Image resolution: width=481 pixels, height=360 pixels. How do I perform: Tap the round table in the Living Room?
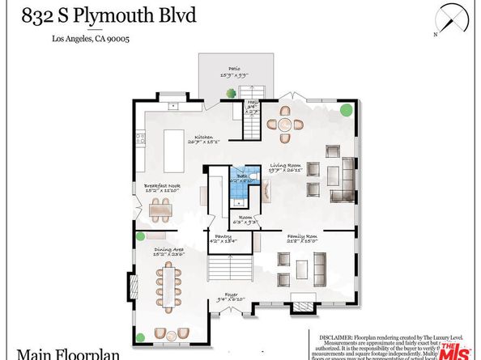pyautogui.click(x=285, y=124)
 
